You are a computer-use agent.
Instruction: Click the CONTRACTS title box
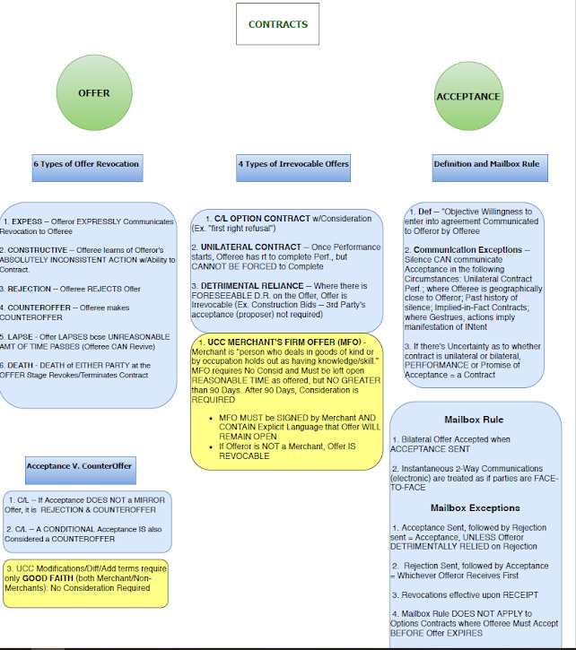click(x=277, y=25)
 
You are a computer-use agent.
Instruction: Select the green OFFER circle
click(x=94, y=93)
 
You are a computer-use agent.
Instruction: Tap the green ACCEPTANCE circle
click(x=467, y=96)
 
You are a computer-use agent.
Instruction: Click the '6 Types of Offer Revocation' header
click(x=86, y=165)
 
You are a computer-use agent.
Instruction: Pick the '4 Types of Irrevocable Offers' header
click(x=293, y=165)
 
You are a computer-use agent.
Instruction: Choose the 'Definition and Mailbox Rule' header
click(x=485, y=165)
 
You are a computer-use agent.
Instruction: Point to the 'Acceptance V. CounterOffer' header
click(x=79, y=465)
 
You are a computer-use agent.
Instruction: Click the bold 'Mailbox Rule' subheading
click(x=474, y=419)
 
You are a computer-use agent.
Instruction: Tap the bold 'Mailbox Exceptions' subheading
click(x=473, y=507)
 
